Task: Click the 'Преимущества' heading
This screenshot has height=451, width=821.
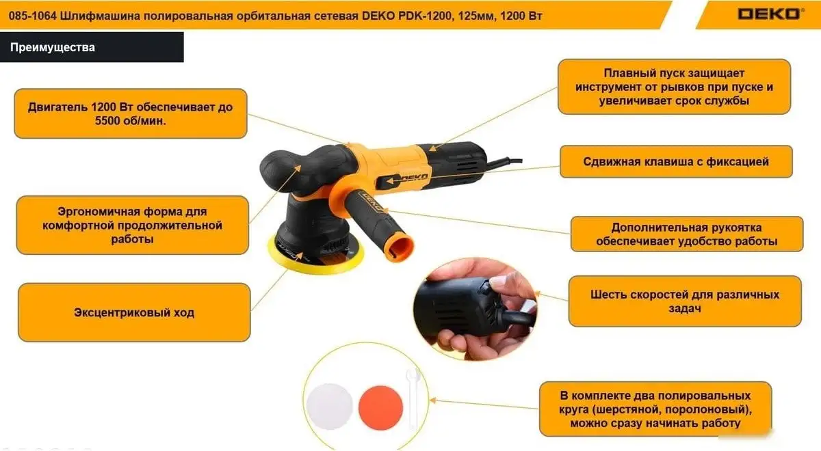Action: [53, 48]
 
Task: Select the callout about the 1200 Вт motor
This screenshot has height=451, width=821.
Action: [131, 113]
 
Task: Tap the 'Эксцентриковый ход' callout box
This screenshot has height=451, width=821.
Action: [134, 312]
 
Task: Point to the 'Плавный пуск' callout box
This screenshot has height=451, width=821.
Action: [674, 86]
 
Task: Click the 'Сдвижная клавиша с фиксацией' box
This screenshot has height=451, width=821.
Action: [676, 162]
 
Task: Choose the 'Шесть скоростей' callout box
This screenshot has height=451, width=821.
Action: [685, 301]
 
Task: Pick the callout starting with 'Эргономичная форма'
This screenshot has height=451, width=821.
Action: [132, 225]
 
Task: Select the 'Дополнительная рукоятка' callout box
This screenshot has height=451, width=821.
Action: [686, 234]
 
